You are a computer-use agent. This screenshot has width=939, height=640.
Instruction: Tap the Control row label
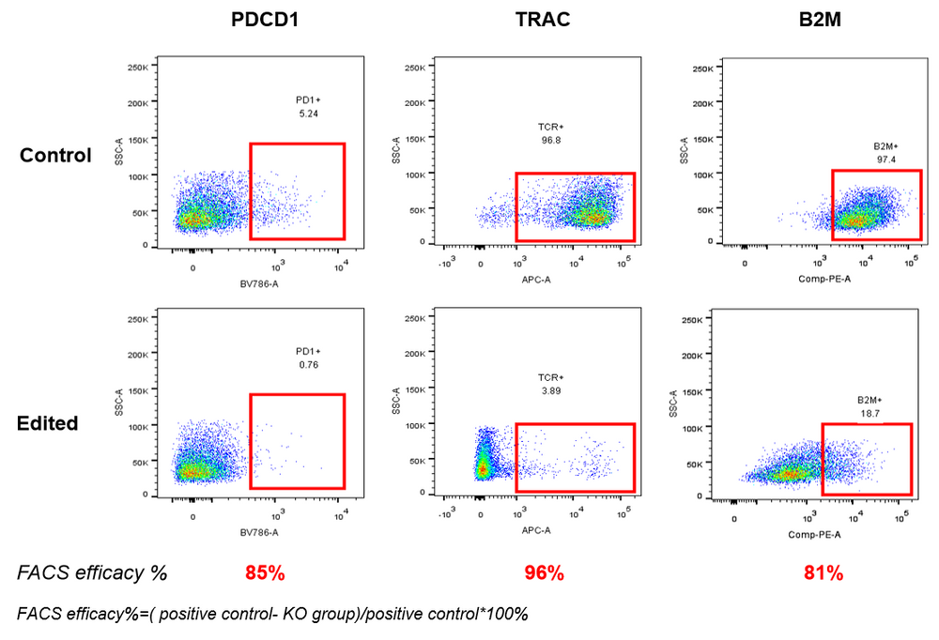click(56, 155)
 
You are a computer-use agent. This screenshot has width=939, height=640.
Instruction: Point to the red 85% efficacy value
click(264, 571)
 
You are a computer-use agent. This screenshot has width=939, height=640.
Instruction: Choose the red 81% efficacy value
click(824, 571)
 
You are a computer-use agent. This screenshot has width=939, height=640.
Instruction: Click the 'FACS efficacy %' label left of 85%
click(92, 571)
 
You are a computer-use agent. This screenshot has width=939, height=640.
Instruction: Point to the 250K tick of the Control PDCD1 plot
click(139, 68)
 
